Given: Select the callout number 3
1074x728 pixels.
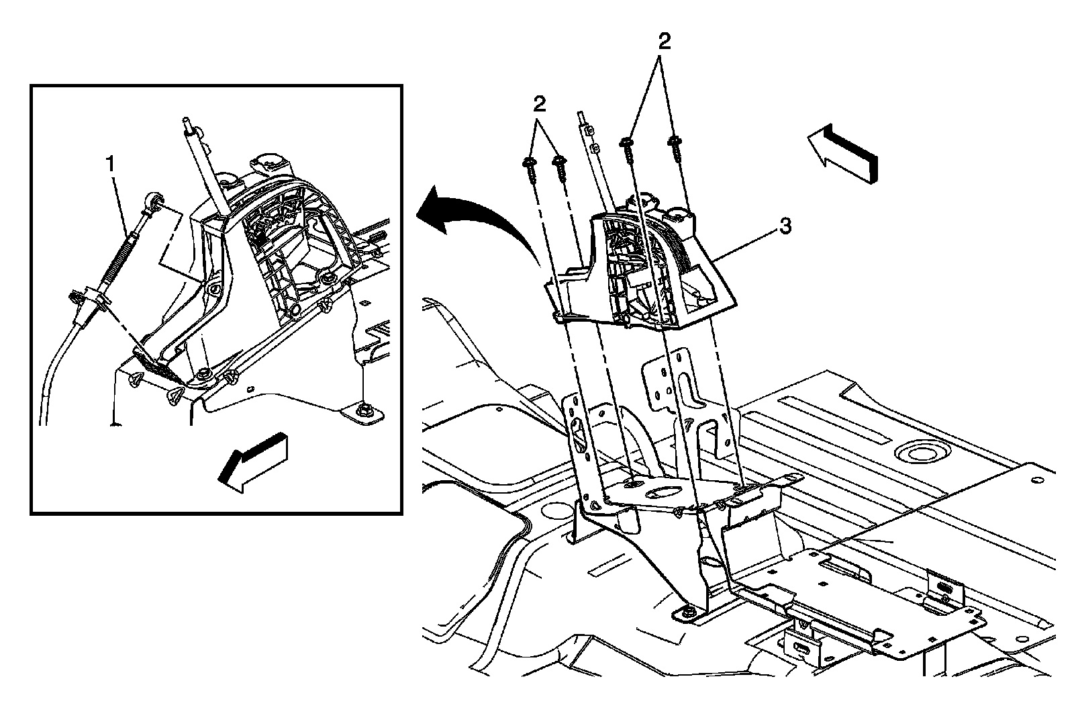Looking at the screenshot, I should tap(785, 226).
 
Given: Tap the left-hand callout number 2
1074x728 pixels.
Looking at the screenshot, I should tap(540, 104).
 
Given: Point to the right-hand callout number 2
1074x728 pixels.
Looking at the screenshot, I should tap(664, 42).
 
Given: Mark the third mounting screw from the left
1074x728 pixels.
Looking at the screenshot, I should tap(628, 147).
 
